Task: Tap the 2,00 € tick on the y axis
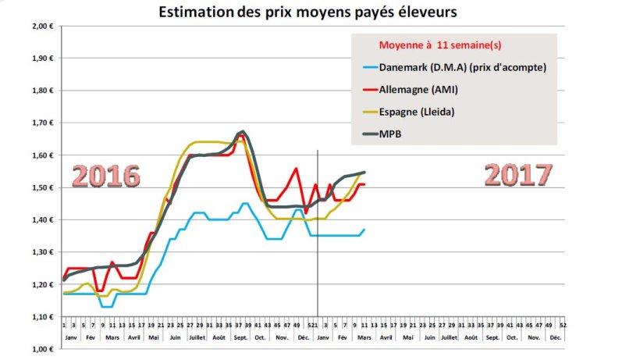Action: point(41,26)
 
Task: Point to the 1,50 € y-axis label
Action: point(41,187)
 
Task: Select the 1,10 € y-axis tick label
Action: point(41,317)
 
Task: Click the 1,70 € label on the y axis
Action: point(41,123)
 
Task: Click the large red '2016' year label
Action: point(105,176)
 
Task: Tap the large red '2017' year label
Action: point(517,174)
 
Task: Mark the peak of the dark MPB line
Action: point(244,131)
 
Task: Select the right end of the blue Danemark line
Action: point(364,229)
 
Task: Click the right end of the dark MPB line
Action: point(364,172)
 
